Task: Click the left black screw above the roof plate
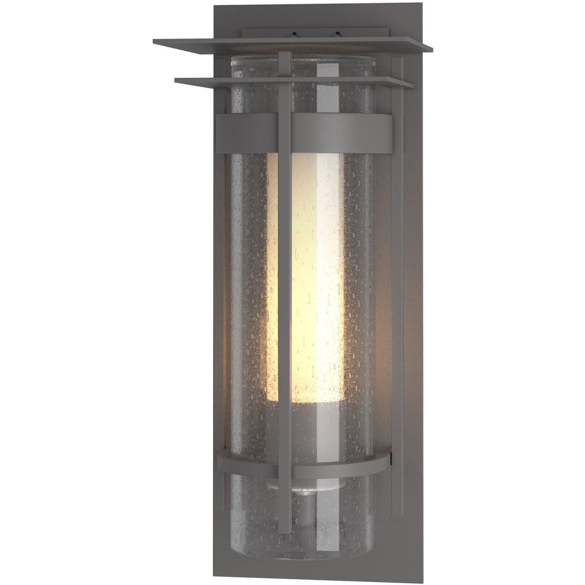coord(292,35)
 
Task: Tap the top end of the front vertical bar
coord(285,54)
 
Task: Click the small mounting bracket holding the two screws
coord(315,33)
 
